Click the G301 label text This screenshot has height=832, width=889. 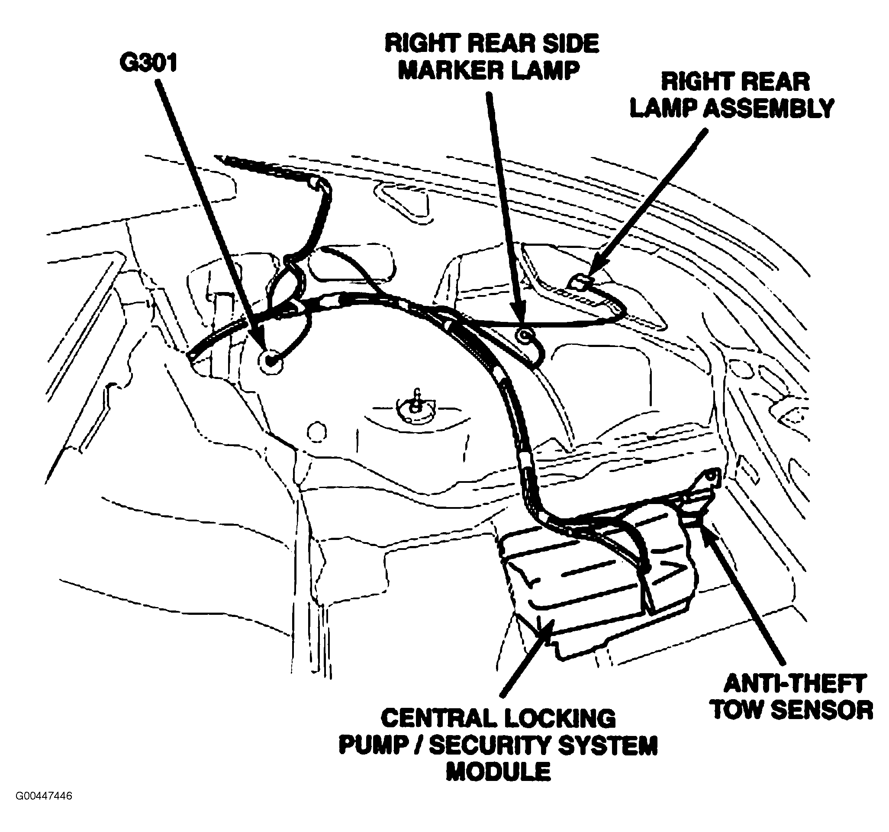tap(149, 63)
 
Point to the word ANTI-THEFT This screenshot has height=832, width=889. tap(795, 684)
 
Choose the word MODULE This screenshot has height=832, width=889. tap(499, 772)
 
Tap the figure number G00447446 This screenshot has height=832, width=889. tap(44, 796)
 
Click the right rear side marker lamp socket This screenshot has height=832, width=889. tap(524, 334)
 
